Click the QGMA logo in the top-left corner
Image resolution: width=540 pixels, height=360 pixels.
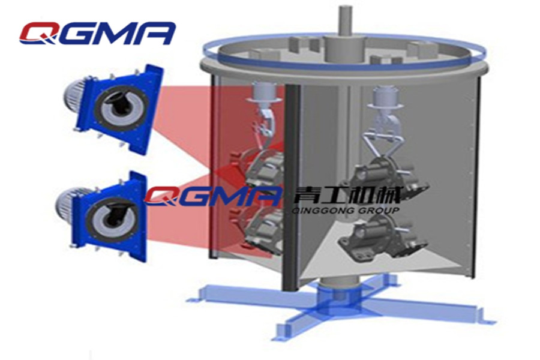pyautogui.click(x=97, y=34)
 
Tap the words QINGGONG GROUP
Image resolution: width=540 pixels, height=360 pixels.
pyautogui.click(x=346, y=210)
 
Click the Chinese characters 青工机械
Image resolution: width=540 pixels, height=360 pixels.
pyautogui.click(x=347, y=196)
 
